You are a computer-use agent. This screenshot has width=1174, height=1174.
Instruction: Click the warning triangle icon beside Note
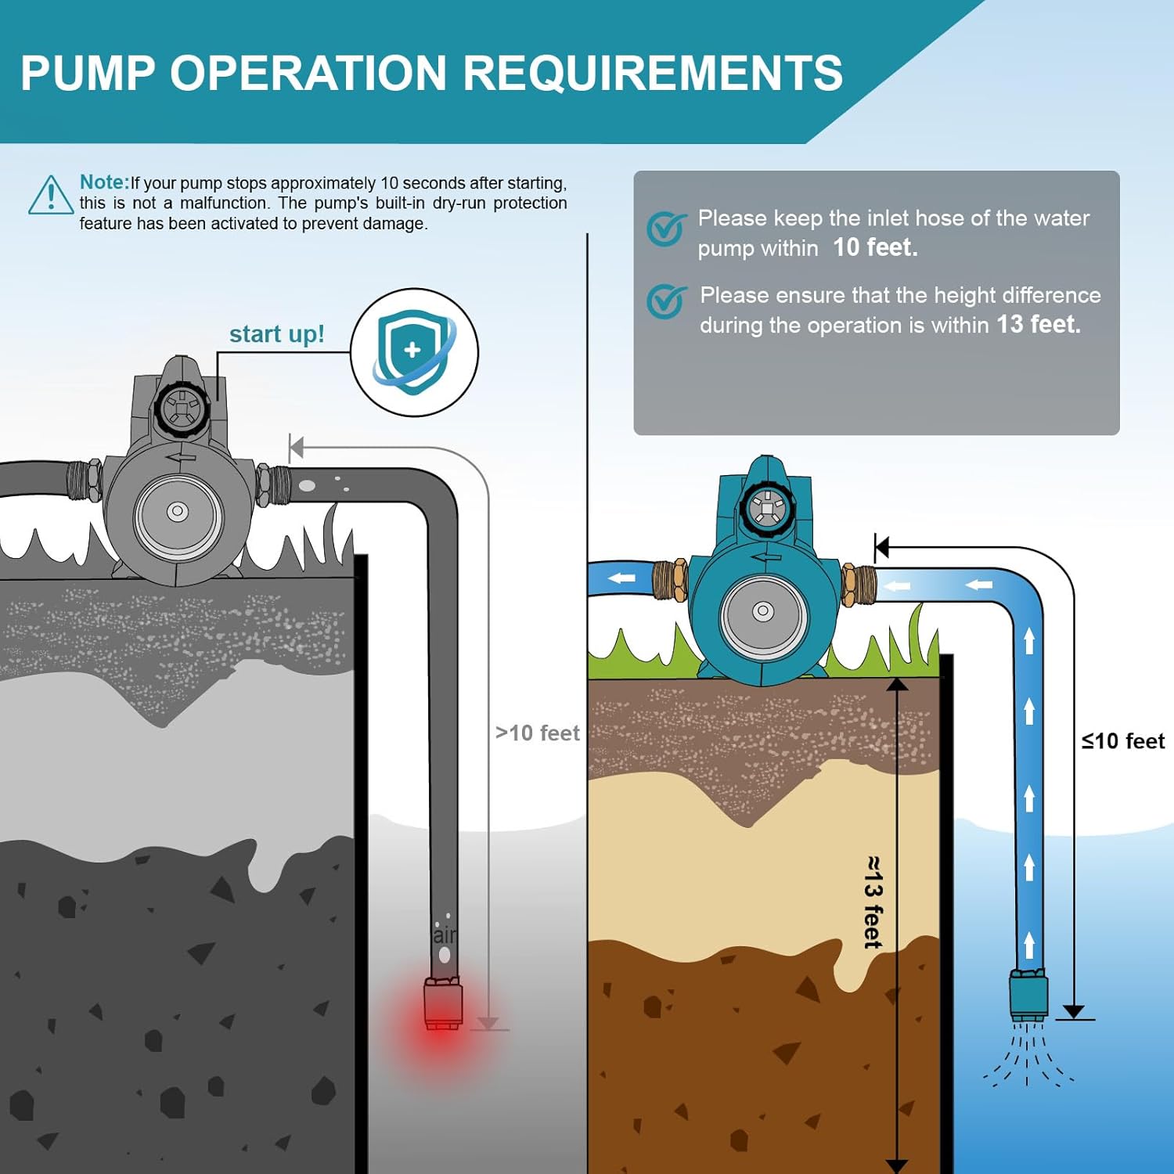click(51, 196)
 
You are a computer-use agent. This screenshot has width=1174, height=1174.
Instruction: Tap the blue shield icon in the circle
click(412, 352)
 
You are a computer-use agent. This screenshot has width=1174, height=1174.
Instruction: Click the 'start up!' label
click(276, 334)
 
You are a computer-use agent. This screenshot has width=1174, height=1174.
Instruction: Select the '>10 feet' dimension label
click(537, 733)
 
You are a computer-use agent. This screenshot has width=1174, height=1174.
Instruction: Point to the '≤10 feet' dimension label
click(1122, 741)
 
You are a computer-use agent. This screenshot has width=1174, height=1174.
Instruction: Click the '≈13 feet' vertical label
click(873, 902)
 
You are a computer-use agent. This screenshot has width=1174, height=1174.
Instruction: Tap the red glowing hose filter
click(443, 1003)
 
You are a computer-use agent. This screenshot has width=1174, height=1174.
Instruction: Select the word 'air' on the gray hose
click(444, 935)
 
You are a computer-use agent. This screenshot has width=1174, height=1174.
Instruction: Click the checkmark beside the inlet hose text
click(666, 228)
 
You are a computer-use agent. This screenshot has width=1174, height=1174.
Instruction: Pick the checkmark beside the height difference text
click(666, 301)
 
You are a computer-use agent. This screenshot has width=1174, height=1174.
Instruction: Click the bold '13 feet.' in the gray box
click(1039, 324)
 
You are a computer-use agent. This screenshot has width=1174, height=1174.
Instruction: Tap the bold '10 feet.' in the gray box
click(875, 247)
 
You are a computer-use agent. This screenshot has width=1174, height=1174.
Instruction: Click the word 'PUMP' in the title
click(88, 73)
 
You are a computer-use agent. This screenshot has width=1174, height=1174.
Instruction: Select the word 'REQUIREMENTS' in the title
click(653, 73)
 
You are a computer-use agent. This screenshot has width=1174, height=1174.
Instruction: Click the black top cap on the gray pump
click(182, 409)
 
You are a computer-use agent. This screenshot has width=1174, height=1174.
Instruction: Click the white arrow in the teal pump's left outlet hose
click(622, 578)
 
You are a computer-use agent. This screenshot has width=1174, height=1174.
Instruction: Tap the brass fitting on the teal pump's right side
click(858, 584)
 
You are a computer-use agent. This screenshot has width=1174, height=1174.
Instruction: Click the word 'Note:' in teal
click(104, 182)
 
